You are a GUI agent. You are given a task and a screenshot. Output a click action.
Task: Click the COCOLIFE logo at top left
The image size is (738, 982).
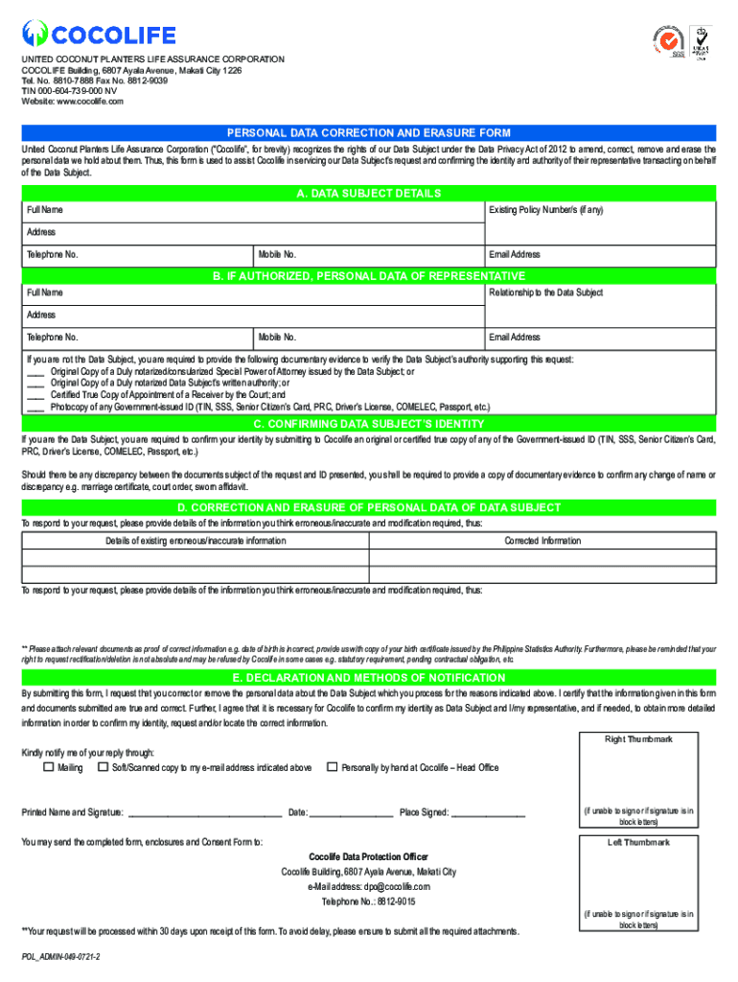point(99,35)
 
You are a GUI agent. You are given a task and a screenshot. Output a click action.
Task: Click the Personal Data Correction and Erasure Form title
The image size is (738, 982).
point(368,133)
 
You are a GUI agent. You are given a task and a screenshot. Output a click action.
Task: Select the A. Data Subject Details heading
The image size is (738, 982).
point(368,194)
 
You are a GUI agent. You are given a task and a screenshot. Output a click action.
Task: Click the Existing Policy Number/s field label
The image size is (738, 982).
point(545,210)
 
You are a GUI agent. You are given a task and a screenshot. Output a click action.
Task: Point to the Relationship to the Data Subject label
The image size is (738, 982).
point(545,292)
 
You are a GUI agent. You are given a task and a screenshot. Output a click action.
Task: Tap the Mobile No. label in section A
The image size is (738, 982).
point(277,255)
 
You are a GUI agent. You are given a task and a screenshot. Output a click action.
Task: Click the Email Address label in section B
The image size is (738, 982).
point(515,338)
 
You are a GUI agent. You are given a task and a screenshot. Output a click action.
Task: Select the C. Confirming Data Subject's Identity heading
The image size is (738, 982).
point(368,424)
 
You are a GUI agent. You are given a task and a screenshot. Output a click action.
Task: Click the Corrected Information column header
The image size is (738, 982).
point(542,541)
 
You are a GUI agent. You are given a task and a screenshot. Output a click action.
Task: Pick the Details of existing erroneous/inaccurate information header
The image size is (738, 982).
point(196,541)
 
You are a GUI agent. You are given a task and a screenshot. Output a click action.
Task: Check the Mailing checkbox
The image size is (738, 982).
point(48,767)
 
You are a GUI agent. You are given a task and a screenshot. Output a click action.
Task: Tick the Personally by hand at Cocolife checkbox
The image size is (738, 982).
point(332,767)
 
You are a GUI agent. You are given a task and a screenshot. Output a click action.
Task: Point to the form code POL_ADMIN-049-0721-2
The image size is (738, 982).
point(61,958)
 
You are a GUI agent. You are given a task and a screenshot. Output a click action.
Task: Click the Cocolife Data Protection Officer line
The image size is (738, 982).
point(368,856)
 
